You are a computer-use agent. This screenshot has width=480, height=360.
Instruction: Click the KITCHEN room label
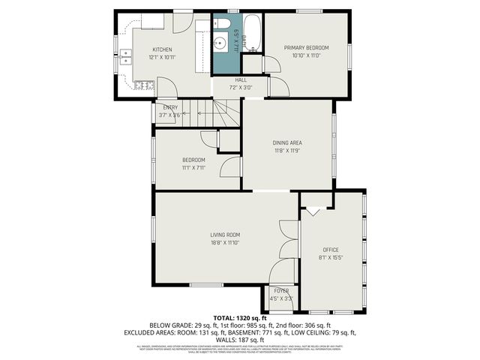[x=163, y=49]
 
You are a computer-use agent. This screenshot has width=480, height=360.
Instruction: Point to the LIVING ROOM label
[x=225, y=235]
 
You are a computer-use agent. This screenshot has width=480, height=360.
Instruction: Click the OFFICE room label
[x=331, y=250]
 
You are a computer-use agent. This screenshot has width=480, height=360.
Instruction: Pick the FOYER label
[x=281, y=291]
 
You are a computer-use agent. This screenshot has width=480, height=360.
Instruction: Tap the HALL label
[x=241, y=79]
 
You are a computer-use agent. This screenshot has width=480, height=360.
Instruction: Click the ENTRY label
[x=170, y=108]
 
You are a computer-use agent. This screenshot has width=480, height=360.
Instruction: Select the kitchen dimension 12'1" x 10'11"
[x=163, y=57]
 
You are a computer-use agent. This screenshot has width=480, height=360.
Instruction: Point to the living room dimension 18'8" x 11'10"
[x=225, y=243]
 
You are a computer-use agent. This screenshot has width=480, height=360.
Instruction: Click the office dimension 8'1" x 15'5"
[x=331, y=257]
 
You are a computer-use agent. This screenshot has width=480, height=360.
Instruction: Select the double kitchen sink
[x=125, y=54]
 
